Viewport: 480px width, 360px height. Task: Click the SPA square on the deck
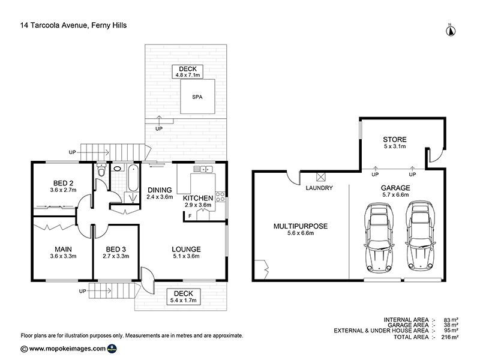197,97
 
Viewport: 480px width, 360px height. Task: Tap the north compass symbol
451,31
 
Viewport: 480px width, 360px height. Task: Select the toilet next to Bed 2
101,170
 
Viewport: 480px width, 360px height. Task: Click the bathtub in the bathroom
133,178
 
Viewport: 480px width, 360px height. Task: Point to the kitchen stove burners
220,197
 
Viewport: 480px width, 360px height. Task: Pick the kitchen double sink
203,169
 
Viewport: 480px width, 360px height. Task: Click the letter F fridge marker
190,216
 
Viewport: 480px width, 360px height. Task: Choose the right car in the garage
421,236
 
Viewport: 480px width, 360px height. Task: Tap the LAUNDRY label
319,188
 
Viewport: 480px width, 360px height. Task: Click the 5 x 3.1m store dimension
395,146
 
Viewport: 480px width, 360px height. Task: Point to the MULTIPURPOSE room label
301,226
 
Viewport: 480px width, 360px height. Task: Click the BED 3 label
116,249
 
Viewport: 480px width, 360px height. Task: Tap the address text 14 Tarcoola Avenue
54,25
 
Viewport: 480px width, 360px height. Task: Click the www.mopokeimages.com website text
67,349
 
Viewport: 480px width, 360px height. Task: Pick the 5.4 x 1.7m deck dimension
183,301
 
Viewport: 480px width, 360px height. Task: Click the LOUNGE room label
186,249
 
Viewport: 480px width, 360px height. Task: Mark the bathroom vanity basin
118,169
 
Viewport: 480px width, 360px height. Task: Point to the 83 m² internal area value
451,320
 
